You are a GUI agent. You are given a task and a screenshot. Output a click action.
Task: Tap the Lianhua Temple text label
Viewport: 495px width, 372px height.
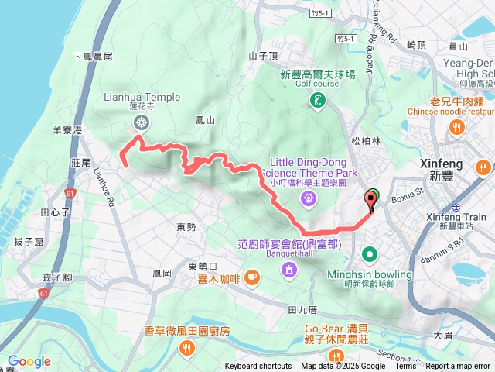click(x=142, y=97)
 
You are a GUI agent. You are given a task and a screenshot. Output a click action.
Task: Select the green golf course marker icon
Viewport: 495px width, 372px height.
click(x=318, y=101)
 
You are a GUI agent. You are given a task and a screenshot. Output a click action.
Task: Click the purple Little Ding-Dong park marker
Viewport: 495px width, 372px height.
click(x=309, y=198)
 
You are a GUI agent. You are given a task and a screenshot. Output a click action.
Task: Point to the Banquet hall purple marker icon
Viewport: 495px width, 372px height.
click(x=288, y=270)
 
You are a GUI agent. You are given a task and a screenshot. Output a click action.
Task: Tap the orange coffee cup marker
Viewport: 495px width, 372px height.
click(x=252, y=276)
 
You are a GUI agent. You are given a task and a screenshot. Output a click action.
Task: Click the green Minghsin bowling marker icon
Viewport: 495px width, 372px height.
click(x=370, y=254)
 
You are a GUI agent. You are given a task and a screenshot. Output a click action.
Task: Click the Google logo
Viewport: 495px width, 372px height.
click(x=29, y=361)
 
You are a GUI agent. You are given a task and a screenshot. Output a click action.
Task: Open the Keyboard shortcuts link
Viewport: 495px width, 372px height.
click(x=258, y=367)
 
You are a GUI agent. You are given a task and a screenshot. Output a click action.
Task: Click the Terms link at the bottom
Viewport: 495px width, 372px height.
click(x=405, y=367)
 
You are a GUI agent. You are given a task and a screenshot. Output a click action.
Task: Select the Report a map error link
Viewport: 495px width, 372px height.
click(x=459, y=367)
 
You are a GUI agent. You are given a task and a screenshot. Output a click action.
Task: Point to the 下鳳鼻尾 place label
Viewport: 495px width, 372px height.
click(x=94, y=57)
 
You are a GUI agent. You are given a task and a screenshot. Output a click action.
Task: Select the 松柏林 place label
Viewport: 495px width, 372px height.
click(x=366, y=141)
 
